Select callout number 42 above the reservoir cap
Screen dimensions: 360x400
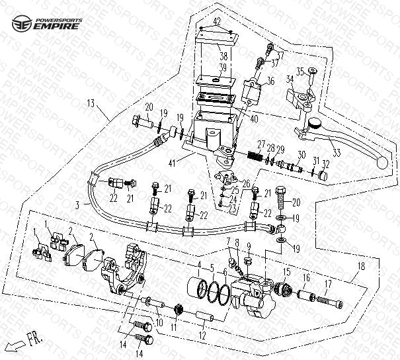tap(217, 22)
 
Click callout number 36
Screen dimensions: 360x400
tap(270, 81)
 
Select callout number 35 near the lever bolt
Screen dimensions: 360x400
tap(299, 71)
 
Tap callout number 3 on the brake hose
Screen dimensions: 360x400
tap(77, 206)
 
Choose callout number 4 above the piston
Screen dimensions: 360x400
tap(198, 265)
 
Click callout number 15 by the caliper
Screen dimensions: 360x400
tap(286, 271)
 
